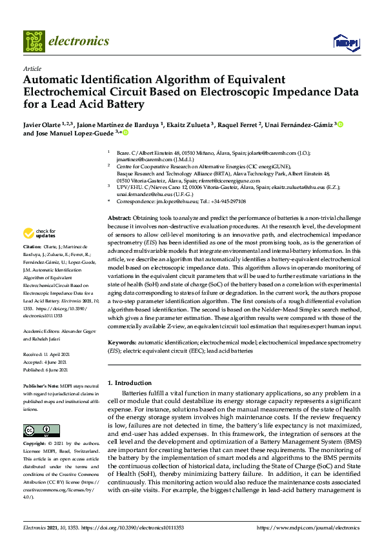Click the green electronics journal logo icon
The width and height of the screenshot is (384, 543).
33,41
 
